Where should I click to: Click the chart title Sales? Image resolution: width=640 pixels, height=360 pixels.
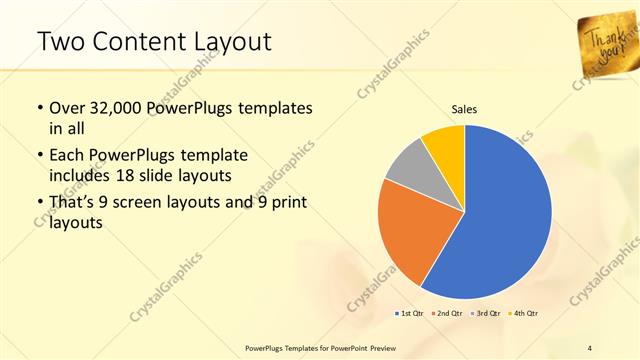click(465, 108)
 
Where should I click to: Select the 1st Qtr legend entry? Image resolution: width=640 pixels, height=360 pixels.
click(410, 313)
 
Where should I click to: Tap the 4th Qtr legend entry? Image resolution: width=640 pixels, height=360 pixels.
click(525, 313)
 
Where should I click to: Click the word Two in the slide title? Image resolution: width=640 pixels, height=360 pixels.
click(59, 43)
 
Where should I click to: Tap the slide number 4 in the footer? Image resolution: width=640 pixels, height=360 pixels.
click(590, 347)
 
